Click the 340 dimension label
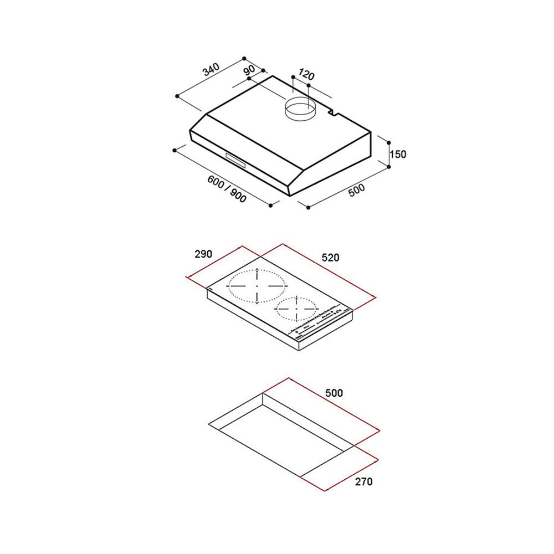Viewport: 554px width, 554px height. tap(211, 70)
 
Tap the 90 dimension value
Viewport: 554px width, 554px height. tap(249, 70)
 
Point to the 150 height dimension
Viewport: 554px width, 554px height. tap(398, 155)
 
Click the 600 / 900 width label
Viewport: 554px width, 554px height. tap(226, 188)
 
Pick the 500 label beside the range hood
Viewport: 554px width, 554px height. tap(356, 189)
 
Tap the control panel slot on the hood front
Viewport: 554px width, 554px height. tap(236, 159)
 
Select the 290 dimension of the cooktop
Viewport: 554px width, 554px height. tap(203, 254)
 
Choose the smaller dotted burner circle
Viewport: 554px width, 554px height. tap(297, 308)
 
